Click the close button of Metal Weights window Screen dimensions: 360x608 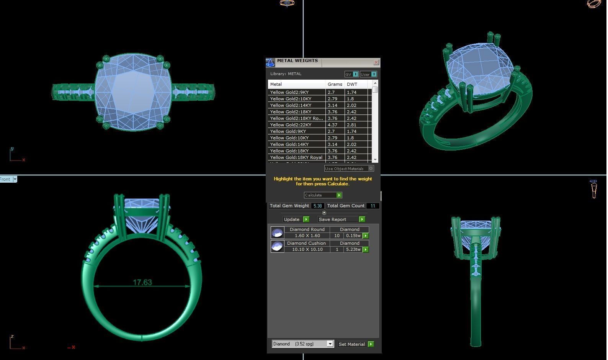[x=376, y=62]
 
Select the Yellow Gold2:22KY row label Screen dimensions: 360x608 [x=291, y=125]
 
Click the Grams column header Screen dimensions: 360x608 [x=335, y=84]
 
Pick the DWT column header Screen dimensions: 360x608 [x=352, y=84]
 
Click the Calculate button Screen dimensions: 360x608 [x=323, y=195]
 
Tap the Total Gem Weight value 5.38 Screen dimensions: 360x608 [x=317, y=206]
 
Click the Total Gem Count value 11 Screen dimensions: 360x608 [x=373, y=206]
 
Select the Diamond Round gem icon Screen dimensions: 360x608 [x=277, y=232]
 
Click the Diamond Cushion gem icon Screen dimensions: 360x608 [x=277, y=246]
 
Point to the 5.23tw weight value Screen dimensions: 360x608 [x=353, y=250]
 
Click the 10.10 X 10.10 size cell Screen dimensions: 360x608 [x=307, y=250]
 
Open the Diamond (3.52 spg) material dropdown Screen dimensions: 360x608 [x=330, y=344]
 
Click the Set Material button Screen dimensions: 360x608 [x=355, y=344]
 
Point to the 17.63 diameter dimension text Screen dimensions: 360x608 [x=142, y=282]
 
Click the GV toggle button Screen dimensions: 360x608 [x=351, y=74]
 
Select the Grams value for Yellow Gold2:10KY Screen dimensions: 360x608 [x=332, y=99]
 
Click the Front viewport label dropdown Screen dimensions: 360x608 [x=15, y=179]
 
